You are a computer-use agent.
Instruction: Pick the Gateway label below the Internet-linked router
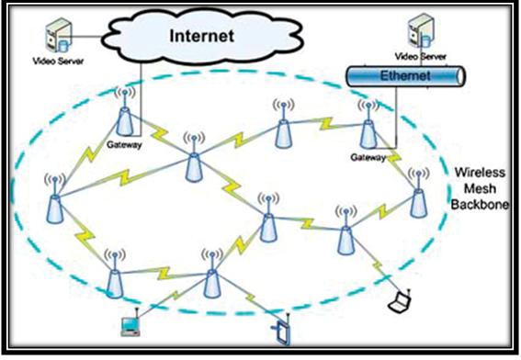click(122, 145)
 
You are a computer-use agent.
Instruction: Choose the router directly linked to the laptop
click(345, 237)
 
